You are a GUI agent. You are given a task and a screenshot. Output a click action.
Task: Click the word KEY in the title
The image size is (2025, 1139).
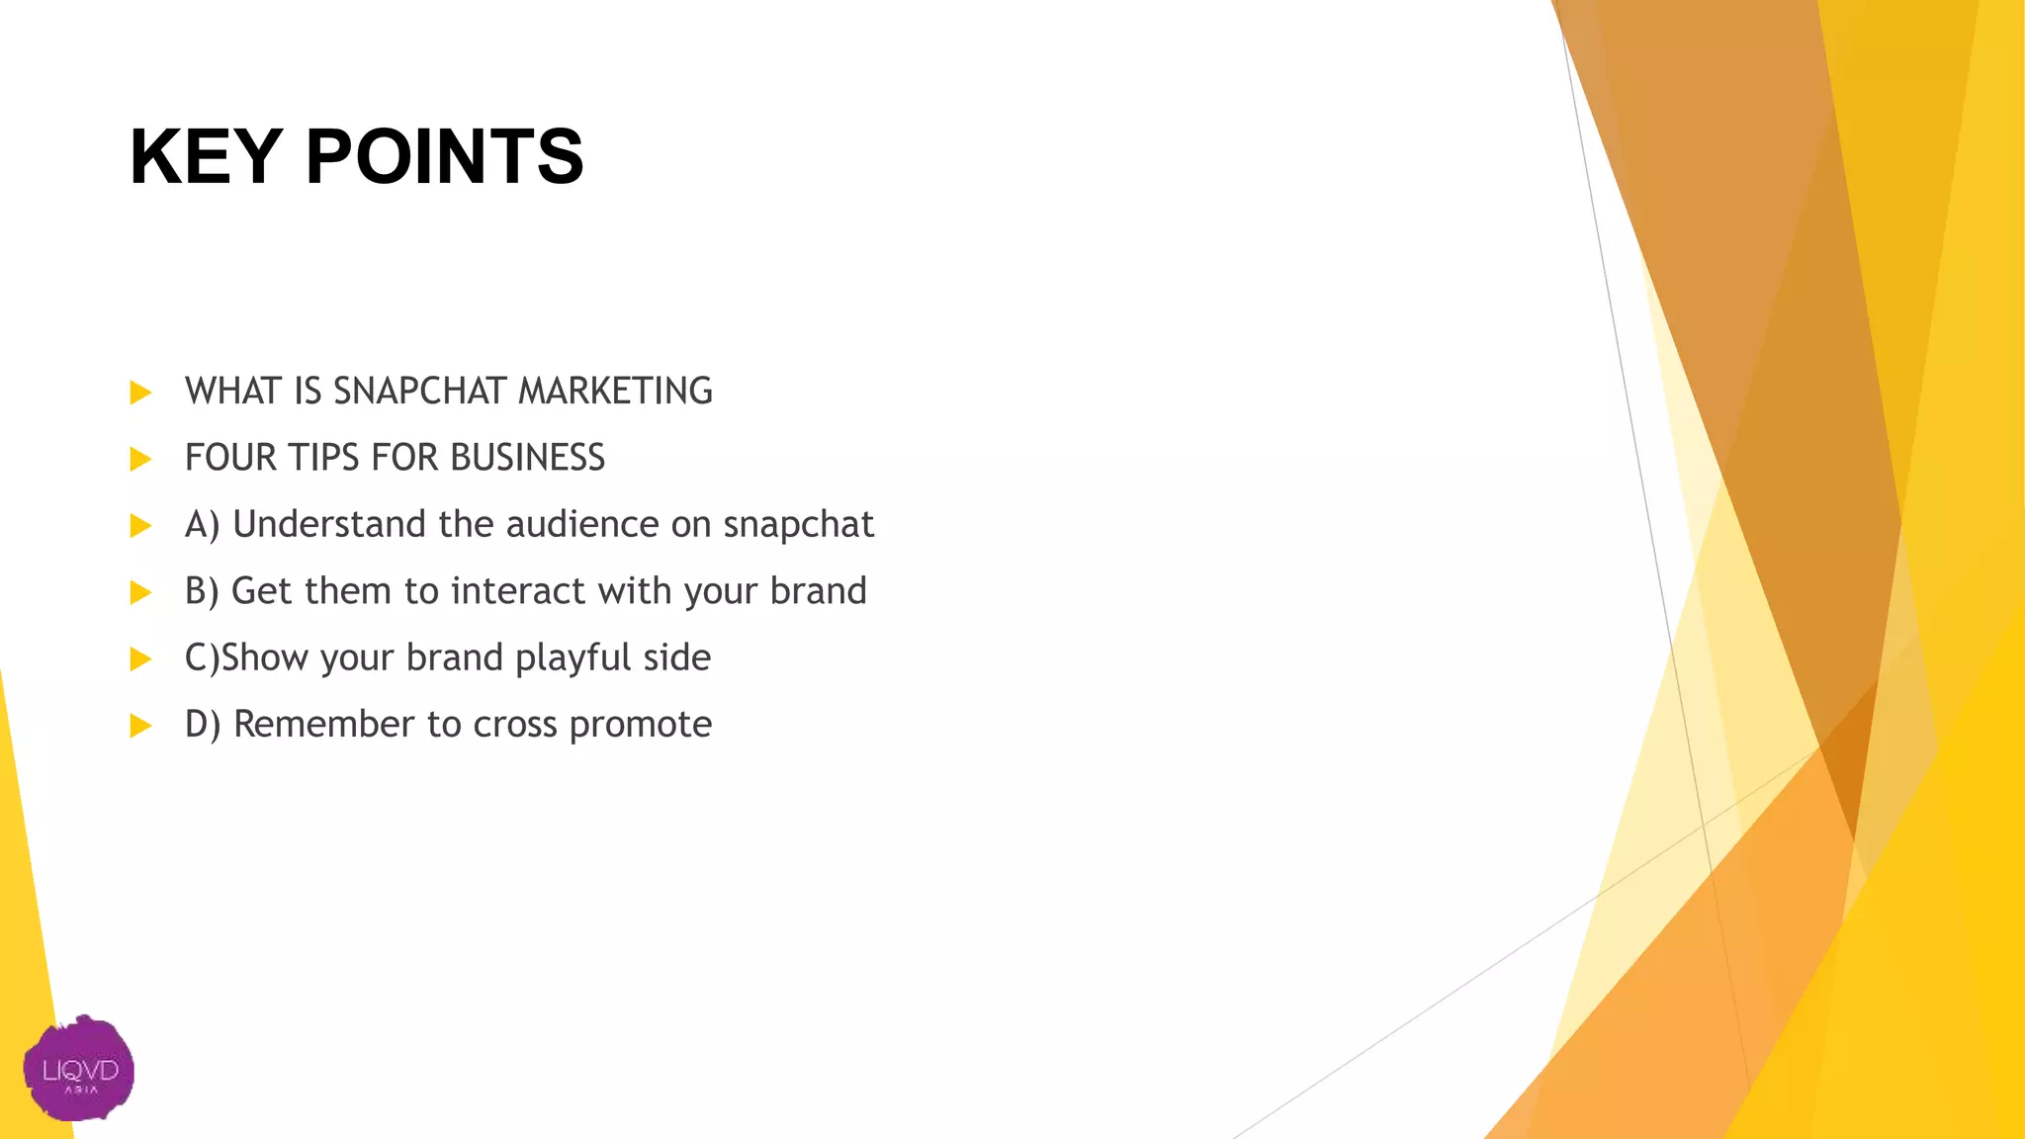point(206,156)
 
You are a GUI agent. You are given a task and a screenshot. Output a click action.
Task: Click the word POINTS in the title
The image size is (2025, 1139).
point(445,156)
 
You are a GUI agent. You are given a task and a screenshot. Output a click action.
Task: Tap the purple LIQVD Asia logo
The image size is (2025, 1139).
point(79,1069)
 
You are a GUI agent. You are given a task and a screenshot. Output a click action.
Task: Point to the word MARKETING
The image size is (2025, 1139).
point(615,392)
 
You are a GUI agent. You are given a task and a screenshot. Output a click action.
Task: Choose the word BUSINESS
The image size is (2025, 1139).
point(527,458)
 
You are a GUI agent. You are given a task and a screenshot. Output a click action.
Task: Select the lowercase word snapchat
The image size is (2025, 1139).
point(799,525)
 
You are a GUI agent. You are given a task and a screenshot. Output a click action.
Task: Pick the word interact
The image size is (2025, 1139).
point(518,591)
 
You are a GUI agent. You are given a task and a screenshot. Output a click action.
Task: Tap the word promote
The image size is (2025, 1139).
point(641,726)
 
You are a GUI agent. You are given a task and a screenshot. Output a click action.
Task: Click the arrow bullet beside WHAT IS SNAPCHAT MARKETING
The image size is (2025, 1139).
point(140,393)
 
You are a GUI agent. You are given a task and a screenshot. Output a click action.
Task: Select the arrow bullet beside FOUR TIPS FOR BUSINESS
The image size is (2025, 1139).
point(140,459)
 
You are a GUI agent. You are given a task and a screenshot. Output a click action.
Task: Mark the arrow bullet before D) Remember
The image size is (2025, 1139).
point(140,726)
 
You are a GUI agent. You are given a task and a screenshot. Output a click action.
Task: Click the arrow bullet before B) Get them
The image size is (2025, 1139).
point(140,592)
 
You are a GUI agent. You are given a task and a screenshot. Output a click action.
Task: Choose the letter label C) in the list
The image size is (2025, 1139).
point(202,658)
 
